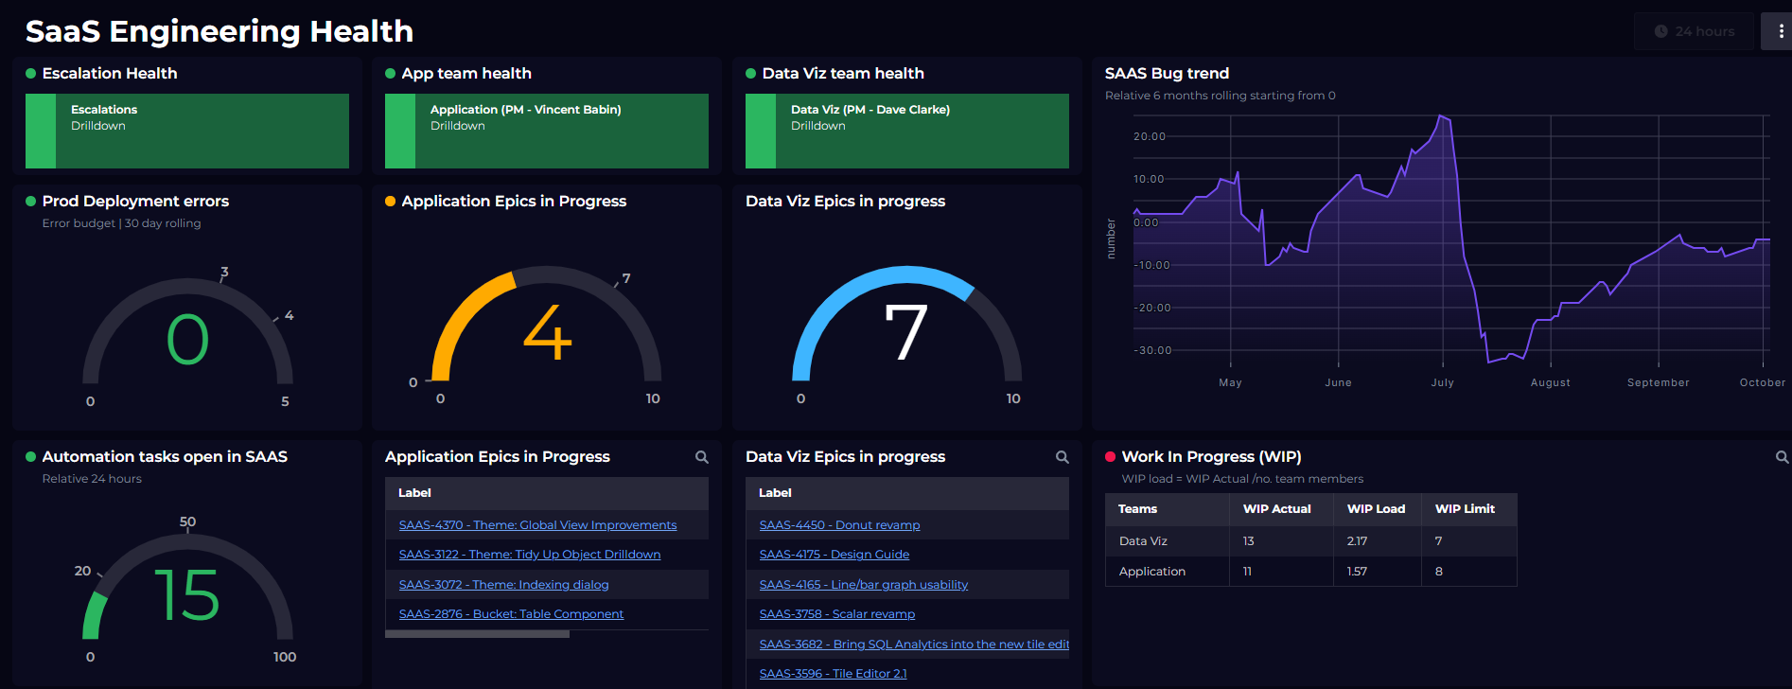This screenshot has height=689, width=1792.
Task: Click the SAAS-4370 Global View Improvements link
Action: pyautogui.click(x=537, y=525)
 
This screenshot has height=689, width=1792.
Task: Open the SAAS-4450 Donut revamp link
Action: pyautogui.click(x=839, y=525)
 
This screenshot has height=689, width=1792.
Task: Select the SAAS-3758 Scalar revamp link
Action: pyautogui.click(x=836, y=614)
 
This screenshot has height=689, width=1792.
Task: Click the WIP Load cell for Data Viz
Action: pyautogui.click(x=1357, y=541)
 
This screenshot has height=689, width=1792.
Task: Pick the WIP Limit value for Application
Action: pyautogui.click(x=1439, y=572)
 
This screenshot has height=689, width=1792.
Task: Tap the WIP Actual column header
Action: pyautogui.click(x=1276, y=509)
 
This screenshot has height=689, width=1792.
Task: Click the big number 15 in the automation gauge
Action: pyautogui.click(x=186, y=595)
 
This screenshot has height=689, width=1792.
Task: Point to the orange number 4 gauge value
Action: pyautogui.click(x=548, y=333)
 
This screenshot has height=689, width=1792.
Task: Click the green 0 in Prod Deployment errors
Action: pyautogui.click(x=187, y=340)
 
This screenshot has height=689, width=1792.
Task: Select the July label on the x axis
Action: pyautogui.click(x=1442, y=382)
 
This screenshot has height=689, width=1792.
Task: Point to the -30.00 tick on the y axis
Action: pyautogui.click(x=1152, y=350)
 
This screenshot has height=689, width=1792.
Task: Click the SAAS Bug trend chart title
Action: pyautogui.click(x=1167, y=74)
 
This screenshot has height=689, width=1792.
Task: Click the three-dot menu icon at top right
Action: pyautogui.click(x=1781, y=31)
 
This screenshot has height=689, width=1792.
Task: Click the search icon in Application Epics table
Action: pyautogui.click(x=702, y=457)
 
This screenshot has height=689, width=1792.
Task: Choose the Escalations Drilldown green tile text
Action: pyautogui.click(x=104, y=117)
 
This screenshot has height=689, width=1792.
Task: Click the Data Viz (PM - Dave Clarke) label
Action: pyautogui.click(x=870, y=110)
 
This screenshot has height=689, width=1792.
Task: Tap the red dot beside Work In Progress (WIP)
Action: pyautogui.click(x=1110, y=457)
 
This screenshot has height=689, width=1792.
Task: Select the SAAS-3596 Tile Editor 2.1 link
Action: pyautogui.click(x=833, y=674)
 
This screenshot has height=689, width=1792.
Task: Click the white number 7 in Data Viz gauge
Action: pyautogui.click(x=905, y=332)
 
